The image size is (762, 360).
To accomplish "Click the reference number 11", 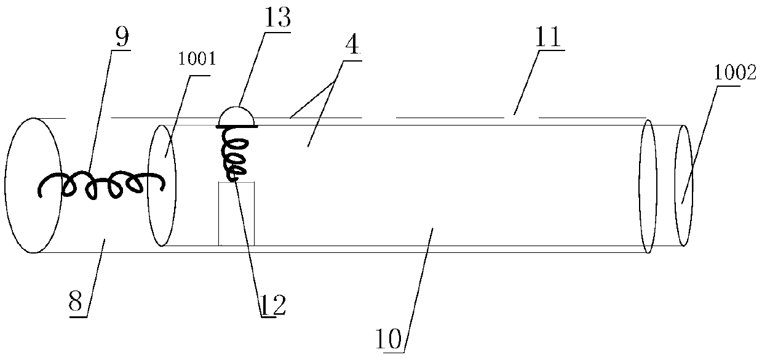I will click(546, 41).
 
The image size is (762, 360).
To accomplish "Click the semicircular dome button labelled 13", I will click(237, 116).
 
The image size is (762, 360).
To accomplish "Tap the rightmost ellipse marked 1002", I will click(684, 185).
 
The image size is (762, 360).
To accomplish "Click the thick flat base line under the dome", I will click(237, 126).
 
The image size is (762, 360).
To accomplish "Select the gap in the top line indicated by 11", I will click(379, 116).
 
